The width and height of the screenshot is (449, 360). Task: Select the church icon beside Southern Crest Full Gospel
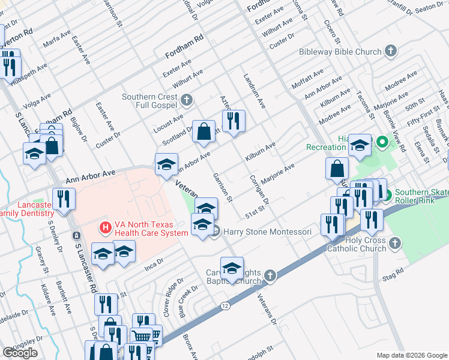tap(187, 100)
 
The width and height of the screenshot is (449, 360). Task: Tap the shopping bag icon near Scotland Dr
tap(203, 131)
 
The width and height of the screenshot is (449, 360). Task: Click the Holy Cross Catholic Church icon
tap(394, 243)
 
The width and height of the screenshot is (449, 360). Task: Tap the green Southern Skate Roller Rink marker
tap(388, 196)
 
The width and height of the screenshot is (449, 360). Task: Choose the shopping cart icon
tap(142, 337)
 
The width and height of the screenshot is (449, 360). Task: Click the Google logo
tap(20, 353)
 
